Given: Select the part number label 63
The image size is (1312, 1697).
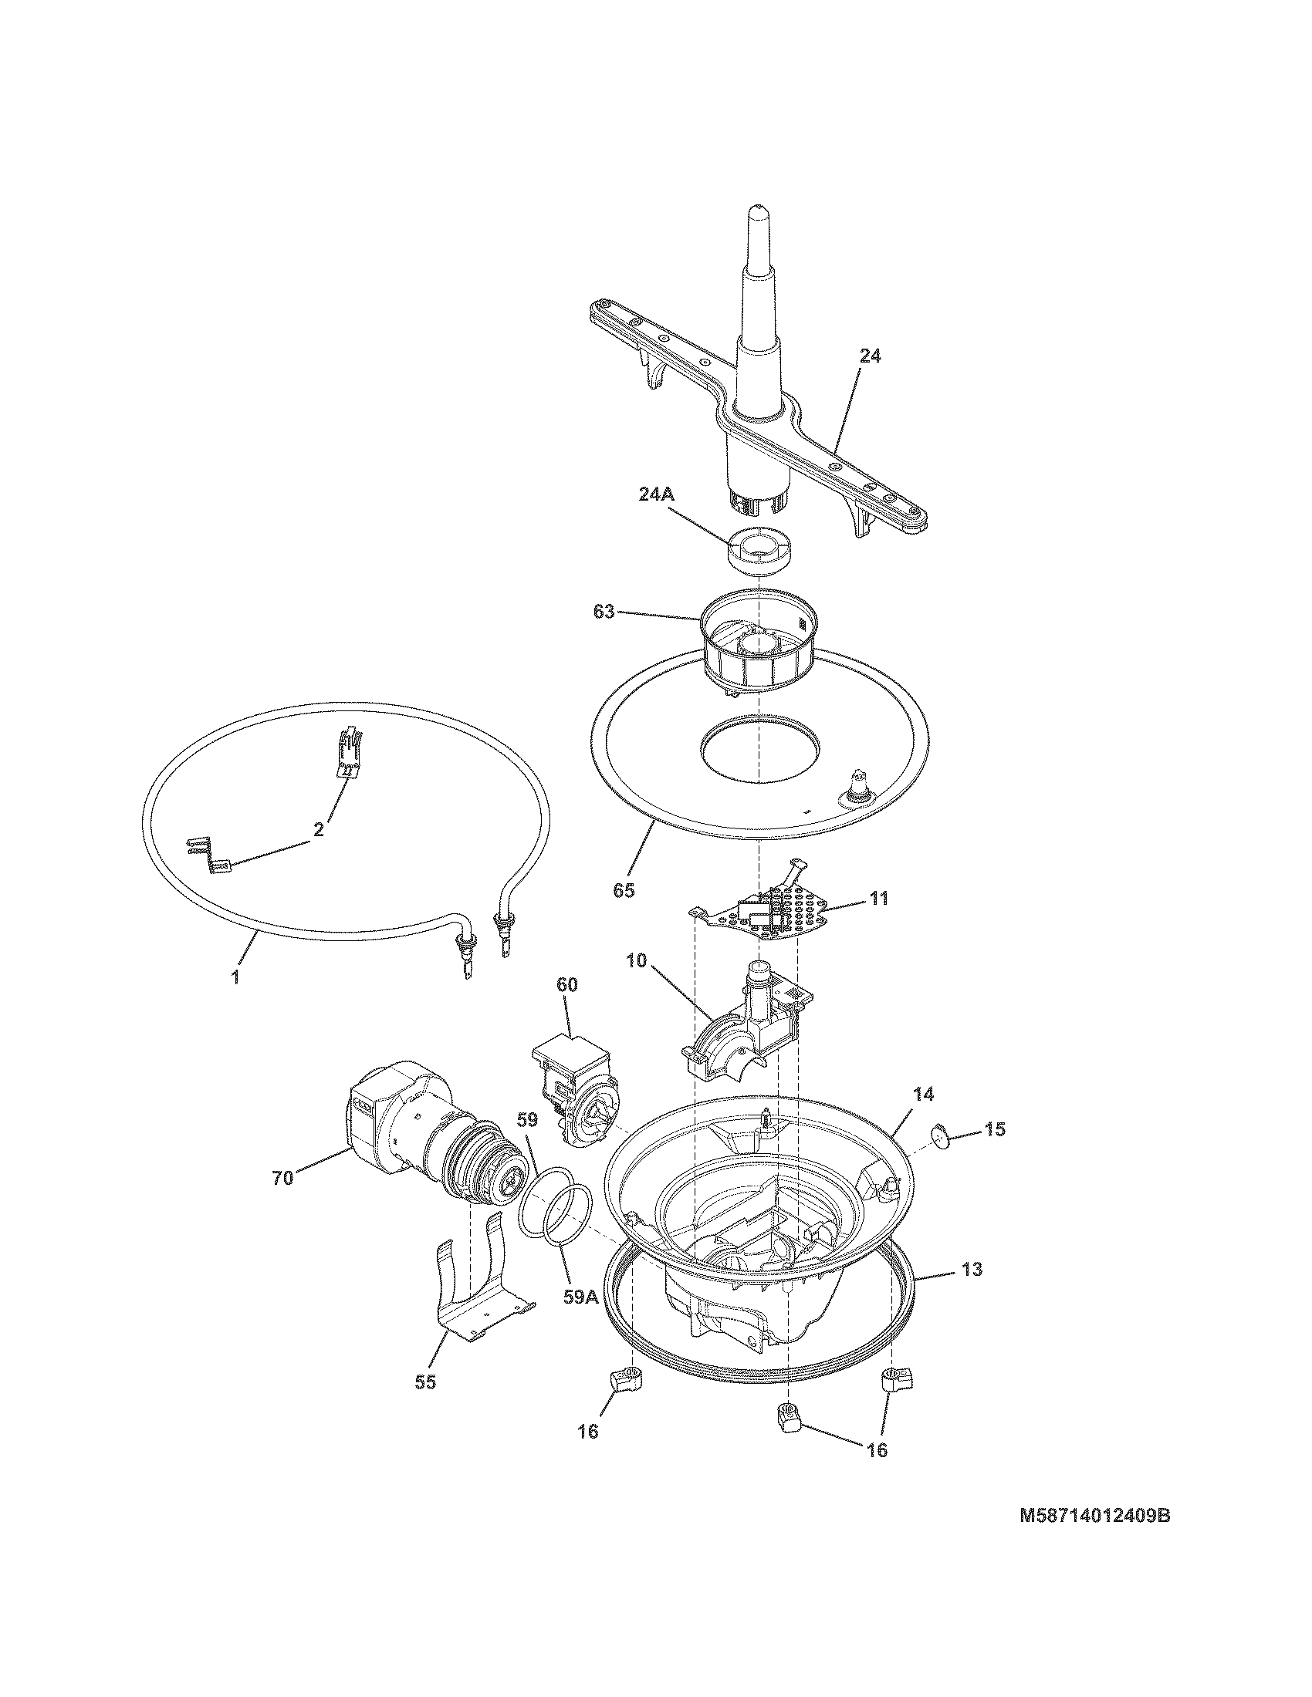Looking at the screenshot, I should [604, 612].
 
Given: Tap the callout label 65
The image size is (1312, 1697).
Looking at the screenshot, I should [624, 890].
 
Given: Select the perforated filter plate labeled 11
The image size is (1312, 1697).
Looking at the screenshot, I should [766, 912].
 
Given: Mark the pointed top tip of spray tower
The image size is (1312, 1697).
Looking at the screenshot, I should [758, 211].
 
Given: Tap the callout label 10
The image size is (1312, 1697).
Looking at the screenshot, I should [636, 960].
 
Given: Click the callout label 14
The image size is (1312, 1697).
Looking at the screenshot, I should [922, 1094].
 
